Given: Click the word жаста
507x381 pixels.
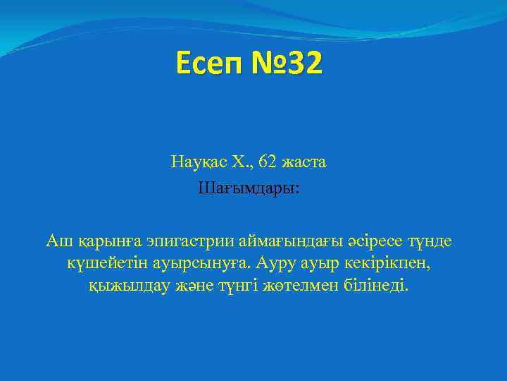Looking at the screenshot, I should (304, 162).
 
